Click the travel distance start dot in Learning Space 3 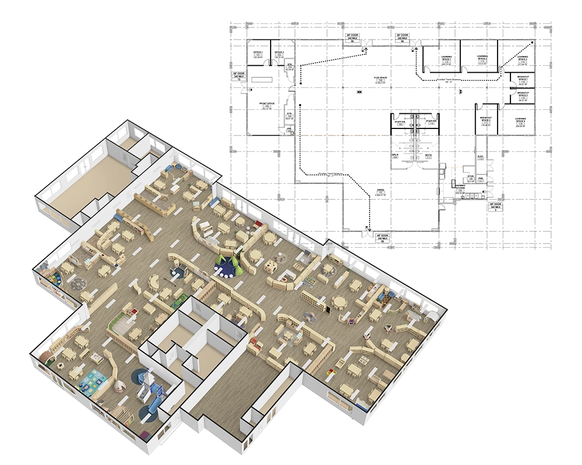530,43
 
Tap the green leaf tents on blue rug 227,266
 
